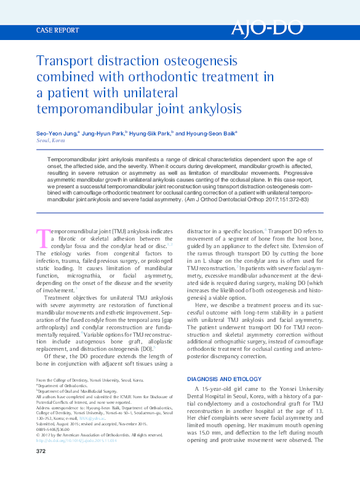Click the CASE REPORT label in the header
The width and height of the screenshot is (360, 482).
pos(58,30)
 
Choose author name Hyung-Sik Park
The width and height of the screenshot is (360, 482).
pos(150,132)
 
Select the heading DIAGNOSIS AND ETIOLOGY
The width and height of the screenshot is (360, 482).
pos(225,379)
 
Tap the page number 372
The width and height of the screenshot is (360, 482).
pos(41,452)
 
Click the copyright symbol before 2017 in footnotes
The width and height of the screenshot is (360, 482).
pos(38,435)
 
